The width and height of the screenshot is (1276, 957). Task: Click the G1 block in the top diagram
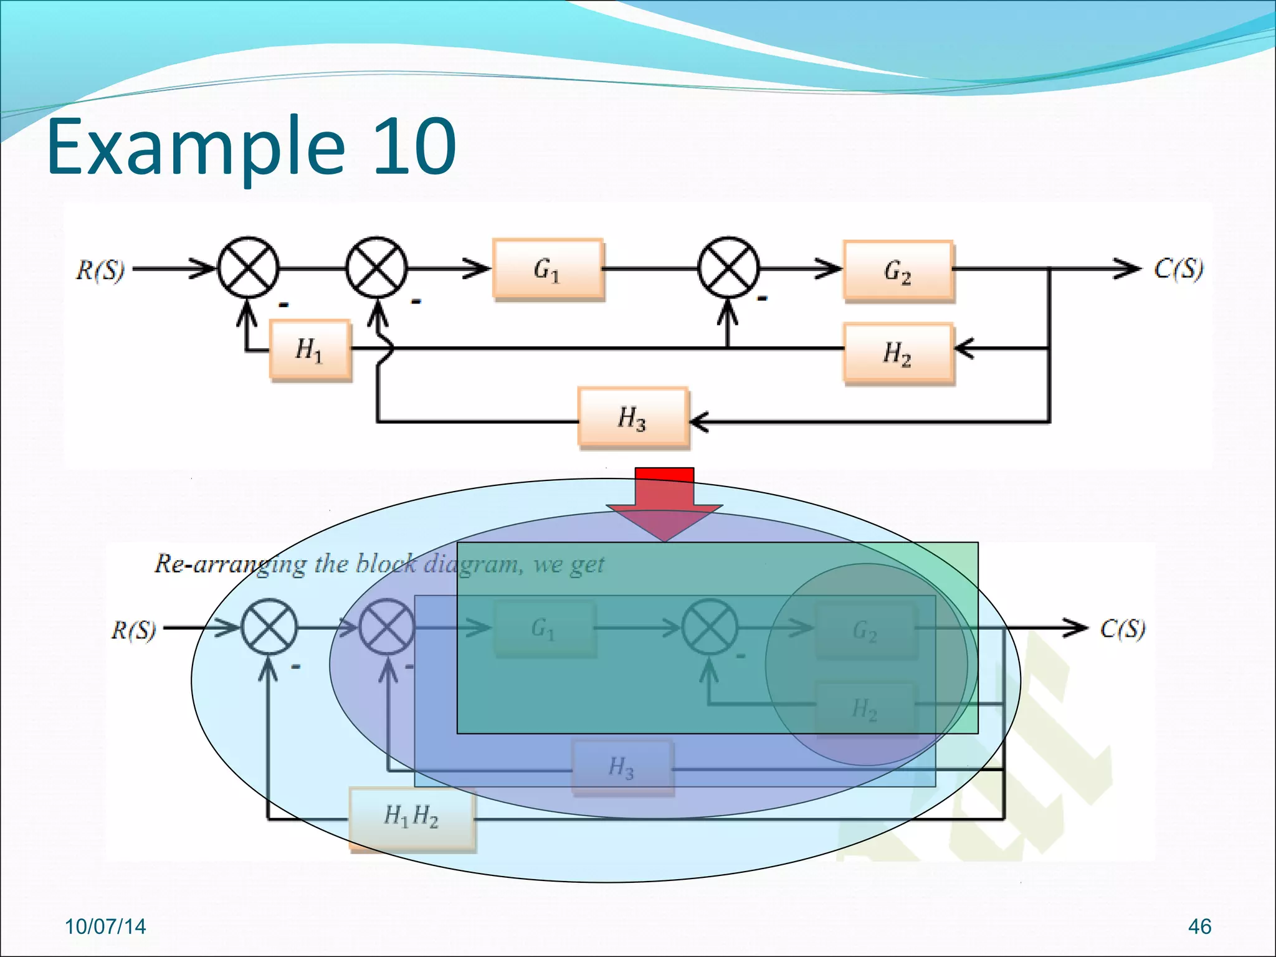(x=548, y=269)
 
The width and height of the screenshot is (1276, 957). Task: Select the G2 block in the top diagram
(x=898, y=271)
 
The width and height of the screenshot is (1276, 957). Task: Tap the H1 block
(x=310, y=350)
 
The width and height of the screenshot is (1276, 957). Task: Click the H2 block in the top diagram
(x=898, y=353)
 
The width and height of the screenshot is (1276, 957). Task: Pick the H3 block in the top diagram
(x=633, y=417)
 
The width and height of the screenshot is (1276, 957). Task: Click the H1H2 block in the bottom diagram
(x=411, y=818)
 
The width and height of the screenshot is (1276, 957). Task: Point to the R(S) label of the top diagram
(x=100, y=270)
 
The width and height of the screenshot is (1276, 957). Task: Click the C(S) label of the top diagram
(x=1178, y=269)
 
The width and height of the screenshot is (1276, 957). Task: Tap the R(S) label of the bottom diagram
(x=133, y=630)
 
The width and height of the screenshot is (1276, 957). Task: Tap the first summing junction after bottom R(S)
(x=269, y=627)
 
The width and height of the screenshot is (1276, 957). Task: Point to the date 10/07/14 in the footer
(x=105, y=926)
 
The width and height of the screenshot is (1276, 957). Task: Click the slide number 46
(x=1199, y=926)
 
